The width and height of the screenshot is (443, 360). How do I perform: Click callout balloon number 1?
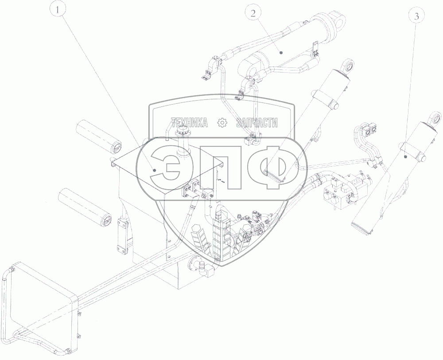[58, 11]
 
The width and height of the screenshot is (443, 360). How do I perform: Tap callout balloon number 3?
[416, 17]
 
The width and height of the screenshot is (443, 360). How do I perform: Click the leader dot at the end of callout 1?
[154, 170]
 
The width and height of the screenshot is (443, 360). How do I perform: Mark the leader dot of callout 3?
[405, 156]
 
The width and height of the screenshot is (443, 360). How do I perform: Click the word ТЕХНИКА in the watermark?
[190, 122]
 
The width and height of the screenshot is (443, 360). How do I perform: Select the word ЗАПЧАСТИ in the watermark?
[256, 122]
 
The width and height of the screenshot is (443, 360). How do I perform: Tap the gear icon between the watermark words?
[222, 122]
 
